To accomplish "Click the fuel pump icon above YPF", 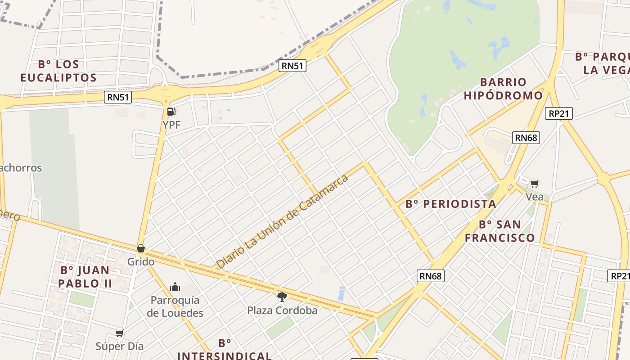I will (171, 112).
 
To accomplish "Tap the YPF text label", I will (171, 125).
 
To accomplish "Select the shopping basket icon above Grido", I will (141, 248).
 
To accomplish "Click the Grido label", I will (141, 261).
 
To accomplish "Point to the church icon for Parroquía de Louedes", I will (175, 287).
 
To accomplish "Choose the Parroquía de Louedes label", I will (175, 306).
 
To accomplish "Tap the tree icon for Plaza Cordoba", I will (282, 297).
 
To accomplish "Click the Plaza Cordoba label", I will (282, 310).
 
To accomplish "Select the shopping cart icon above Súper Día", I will (119, 333).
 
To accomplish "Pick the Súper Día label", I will (120, 346).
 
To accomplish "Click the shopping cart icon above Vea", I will (534, 184).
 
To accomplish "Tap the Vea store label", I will (535, 197).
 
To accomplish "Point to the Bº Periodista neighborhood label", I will (451, 204).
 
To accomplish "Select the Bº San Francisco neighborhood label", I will (499, 231).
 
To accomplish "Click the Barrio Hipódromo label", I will (503, 89).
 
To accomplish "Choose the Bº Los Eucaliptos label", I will (58, 71).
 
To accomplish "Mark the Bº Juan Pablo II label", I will (85, 277).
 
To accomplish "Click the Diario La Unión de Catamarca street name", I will (283, 221).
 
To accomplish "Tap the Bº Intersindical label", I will (224, 350).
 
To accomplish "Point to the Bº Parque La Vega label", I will (602, 63).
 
